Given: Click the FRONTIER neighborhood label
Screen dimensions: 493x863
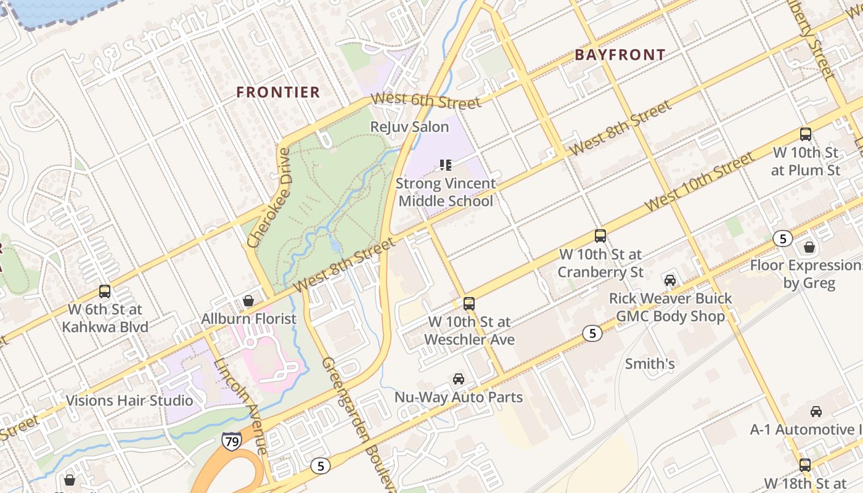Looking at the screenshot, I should (279, 92).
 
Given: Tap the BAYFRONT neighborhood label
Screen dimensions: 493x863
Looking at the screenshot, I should (620, 55).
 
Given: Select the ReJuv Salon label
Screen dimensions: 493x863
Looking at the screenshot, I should (409, 127).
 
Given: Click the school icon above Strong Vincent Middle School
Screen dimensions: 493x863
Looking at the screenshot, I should (445, 165).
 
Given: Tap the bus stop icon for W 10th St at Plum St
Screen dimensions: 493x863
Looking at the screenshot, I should (805, 134).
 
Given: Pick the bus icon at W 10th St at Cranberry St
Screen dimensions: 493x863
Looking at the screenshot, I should (600, 236).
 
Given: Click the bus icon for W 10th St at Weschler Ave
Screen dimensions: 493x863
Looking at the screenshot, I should (469, 303).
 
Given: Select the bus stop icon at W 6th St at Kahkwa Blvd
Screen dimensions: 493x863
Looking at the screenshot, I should (105, 291).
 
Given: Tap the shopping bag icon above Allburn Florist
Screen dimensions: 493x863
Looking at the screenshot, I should (248, 301).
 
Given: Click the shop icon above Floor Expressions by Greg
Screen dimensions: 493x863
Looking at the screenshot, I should (809, 248).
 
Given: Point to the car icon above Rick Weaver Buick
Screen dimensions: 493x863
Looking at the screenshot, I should (670, 280).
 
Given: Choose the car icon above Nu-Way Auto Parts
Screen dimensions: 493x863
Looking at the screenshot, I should (458, 379).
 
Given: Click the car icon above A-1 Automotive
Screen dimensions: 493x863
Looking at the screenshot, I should (816, 412).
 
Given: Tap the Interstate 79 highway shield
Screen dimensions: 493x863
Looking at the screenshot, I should (232, 441).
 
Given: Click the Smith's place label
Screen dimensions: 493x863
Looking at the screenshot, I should (650, 364).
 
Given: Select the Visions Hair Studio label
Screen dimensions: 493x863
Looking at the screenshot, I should (129, 401).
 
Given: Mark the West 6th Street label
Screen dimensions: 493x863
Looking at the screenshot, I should (425, 100).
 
